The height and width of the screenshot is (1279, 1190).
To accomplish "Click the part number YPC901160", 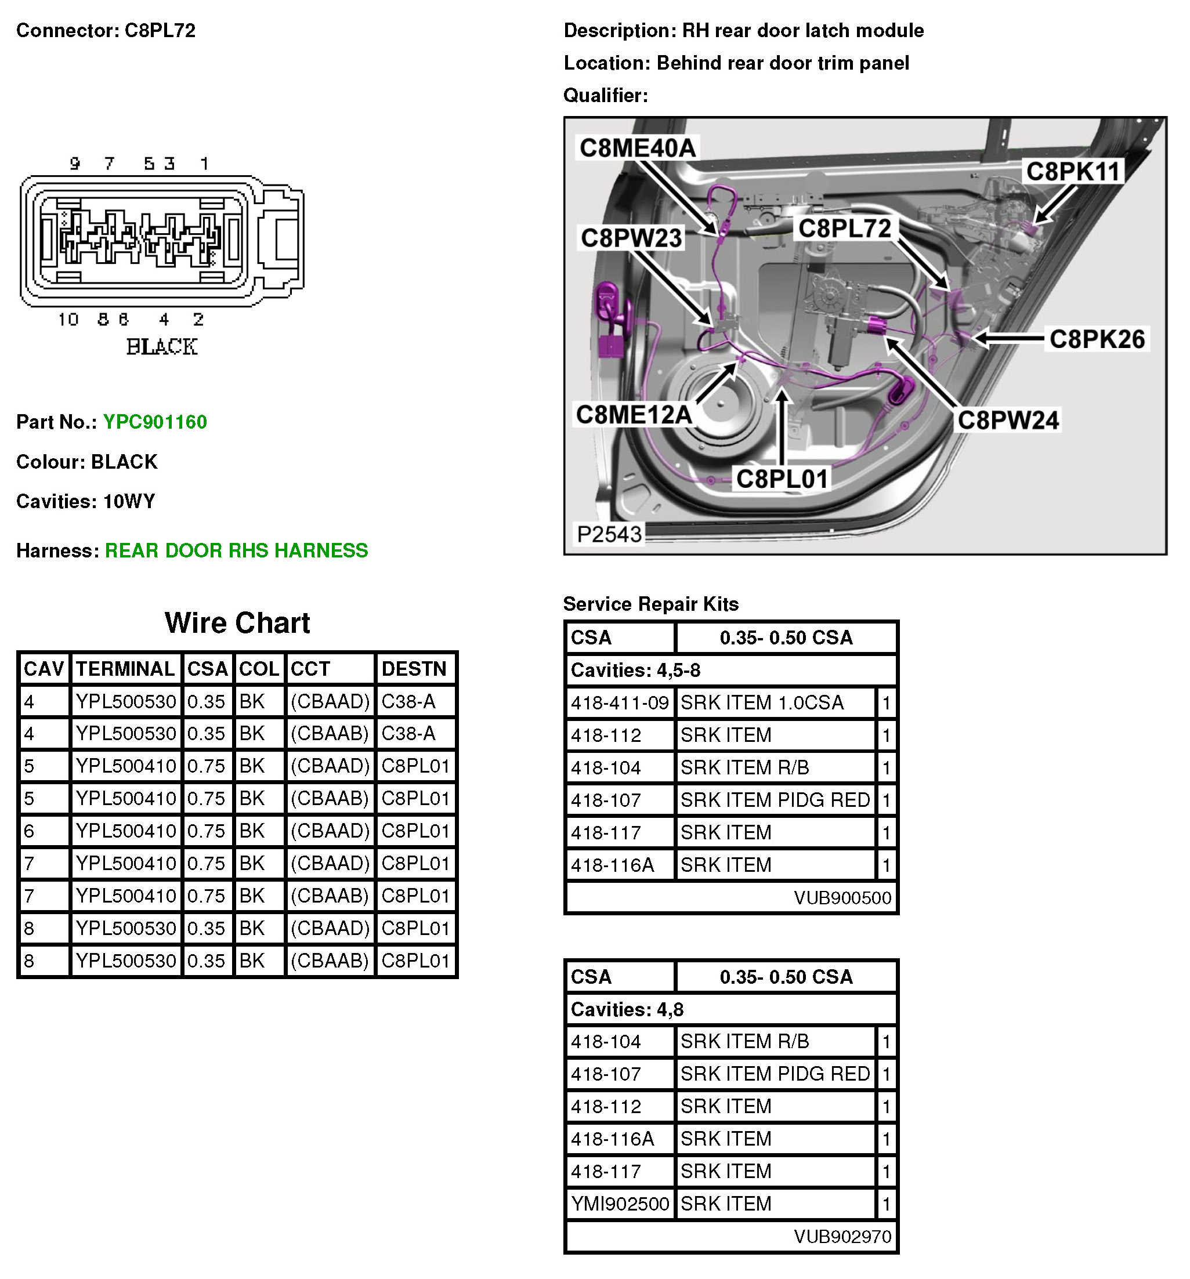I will click(154, 422).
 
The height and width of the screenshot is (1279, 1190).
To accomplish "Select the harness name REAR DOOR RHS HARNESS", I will click(236, 550).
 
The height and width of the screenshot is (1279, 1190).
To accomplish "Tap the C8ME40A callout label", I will click(637, 148).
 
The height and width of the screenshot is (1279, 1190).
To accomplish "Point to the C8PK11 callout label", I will click(1073, 172).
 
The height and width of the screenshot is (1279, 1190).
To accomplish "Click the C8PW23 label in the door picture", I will click(631, 238).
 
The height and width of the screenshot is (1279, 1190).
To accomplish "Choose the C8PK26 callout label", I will click(1097, 339).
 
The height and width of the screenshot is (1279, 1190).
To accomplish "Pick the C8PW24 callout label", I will click(1008, 421).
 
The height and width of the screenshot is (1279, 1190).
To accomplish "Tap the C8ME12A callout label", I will click(634, 415).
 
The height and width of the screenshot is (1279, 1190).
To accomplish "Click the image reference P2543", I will click(609, 534).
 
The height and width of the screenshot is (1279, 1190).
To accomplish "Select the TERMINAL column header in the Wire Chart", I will click(125, 669).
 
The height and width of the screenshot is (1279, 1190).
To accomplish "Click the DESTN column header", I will click(414, 669).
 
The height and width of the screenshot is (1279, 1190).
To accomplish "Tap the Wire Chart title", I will click(237, 623).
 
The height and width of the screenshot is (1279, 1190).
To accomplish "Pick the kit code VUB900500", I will click(842, 897).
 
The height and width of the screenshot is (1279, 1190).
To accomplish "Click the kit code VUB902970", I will click(842, 1237).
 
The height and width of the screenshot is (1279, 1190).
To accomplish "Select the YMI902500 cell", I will click(620, 1204).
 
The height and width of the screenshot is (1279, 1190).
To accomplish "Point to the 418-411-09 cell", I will click(620, 703).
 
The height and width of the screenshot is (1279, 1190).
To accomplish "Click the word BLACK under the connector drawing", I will click(161, 347).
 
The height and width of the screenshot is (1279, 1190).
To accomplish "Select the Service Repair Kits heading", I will click(650, 604).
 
